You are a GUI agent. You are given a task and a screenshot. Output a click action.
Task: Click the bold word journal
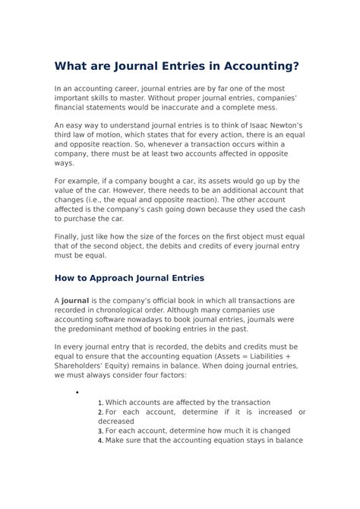coord(76,302)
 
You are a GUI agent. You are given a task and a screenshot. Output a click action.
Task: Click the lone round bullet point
coord(77,392)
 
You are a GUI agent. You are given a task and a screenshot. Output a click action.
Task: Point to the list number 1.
coord(100,403)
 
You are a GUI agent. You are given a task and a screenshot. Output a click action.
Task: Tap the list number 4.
coord(100,441)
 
